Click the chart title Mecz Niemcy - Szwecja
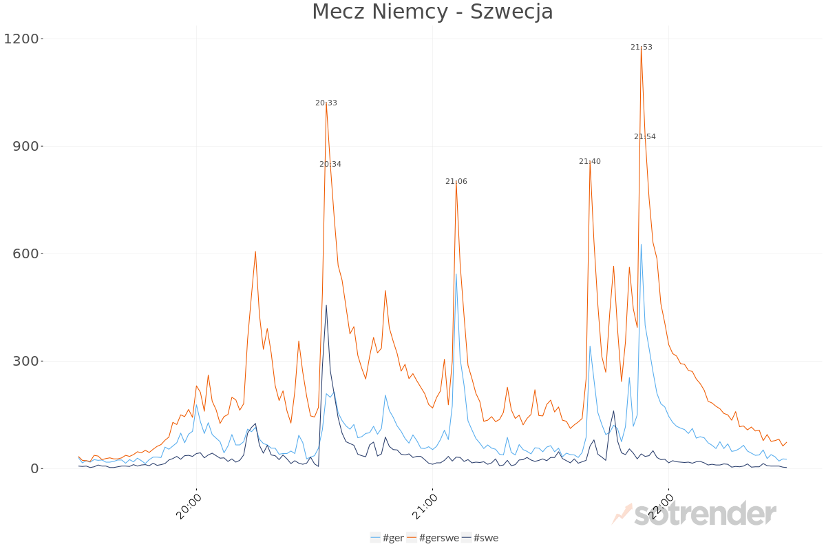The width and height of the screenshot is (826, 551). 432,12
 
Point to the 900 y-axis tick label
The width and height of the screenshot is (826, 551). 25,147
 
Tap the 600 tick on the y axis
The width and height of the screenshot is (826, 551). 25,254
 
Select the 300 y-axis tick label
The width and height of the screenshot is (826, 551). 25,362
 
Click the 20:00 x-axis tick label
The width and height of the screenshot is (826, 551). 189,505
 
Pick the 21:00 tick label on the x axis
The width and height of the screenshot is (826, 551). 425,505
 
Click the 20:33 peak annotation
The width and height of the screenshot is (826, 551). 326,103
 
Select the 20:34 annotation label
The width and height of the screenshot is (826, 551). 330,165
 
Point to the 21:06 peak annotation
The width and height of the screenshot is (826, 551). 456,182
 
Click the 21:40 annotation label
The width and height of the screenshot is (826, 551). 590,162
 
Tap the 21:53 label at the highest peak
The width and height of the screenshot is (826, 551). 642,48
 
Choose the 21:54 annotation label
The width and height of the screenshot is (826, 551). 645,137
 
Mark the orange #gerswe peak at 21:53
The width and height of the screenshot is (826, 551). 642,50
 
